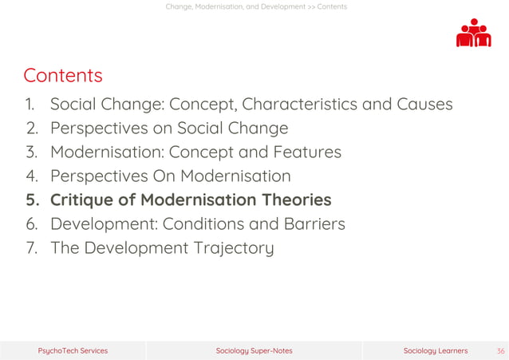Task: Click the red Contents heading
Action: [x=63, y=76]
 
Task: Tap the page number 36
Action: [x=500, y=350]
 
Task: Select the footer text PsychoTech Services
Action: [x=73, y=350]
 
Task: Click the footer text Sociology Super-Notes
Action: [x=254, y=350]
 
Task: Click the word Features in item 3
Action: [x=307, y=152]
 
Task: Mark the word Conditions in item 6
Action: [x=201, y=224]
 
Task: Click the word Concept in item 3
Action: [x=198, y=152]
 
